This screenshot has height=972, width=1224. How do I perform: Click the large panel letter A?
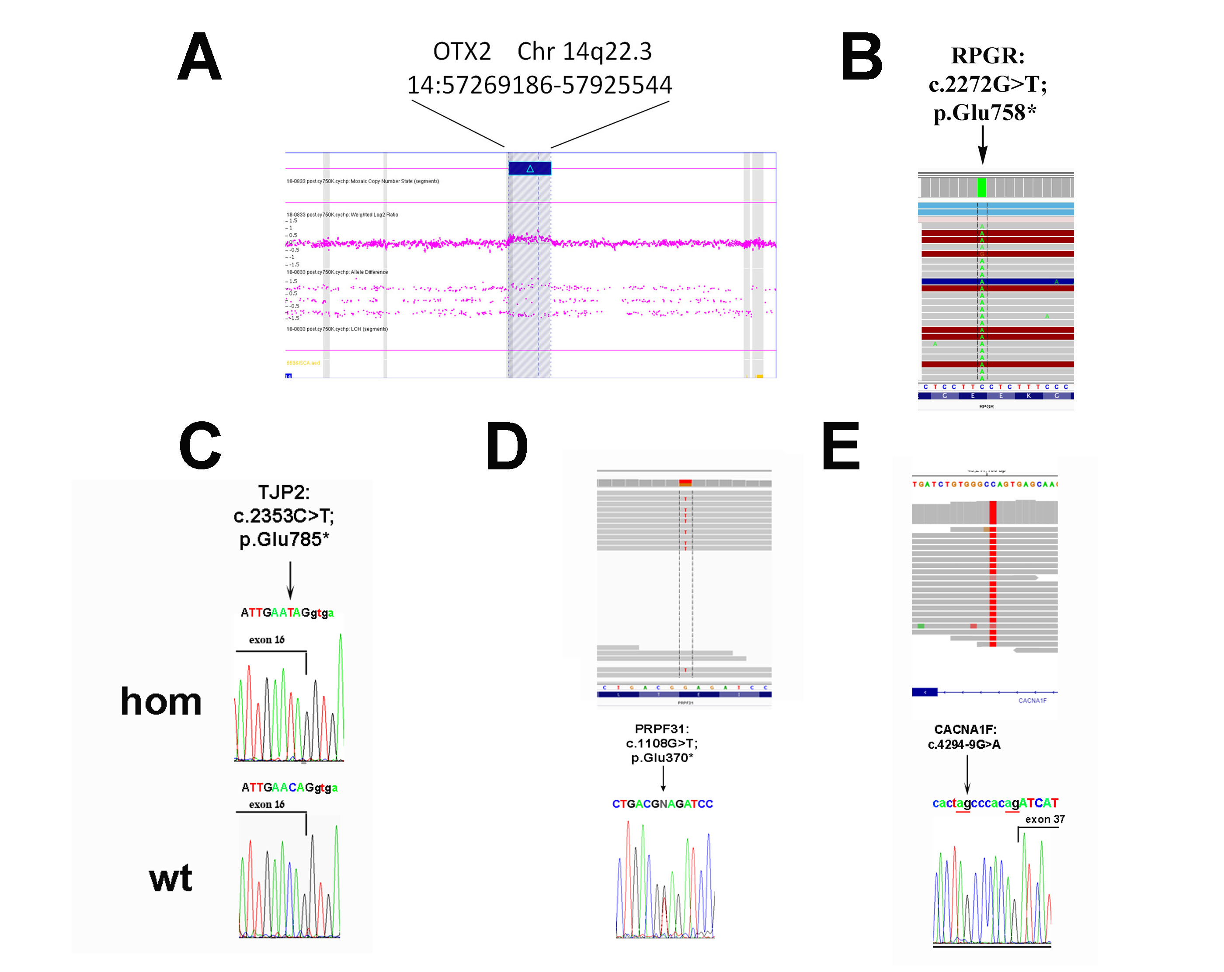199,57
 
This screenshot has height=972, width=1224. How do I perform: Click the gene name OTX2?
462,52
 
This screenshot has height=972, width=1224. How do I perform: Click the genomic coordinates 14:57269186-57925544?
539,85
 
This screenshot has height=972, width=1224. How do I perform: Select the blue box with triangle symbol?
530,169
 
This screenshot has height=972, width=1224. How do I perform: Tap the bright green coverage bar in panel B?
981,187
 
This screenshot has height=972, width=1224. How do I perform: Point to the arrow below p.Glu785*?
290,580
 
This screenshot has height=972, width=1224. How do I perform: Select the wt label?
170,878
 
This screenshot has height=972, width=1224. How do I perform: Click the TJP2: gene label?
284,492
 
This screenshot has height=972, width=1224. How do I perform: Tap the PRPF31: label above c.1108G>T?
661,729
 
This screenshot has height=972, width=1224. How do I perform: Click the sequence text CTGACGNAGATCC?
662,804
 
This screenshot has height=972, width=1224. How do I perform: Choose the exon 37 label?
1045,819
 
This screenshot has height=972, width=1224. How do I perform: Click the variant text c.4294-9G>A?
964,744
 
